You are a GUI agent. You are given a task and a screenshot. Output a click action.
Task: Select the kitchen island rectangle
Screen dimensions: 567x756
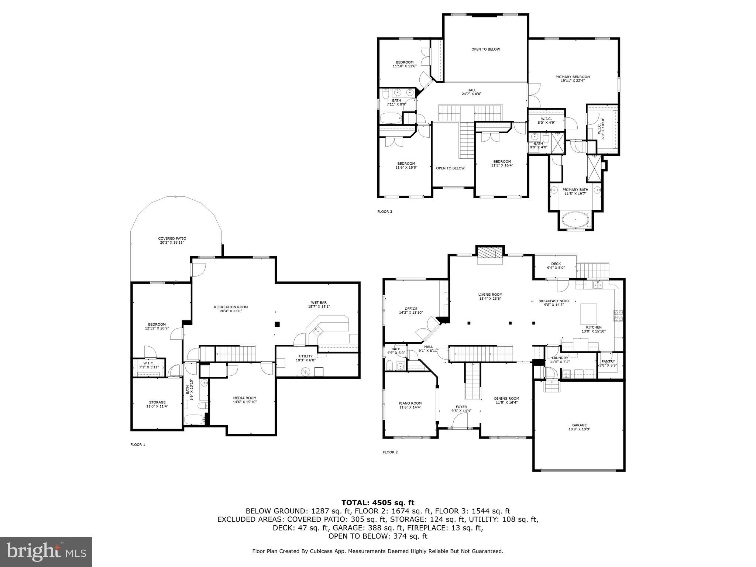(x=589, y=313)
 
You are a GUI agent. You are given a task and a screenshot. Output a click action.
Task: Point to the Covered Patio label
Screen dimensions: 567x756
(x=172, y=240)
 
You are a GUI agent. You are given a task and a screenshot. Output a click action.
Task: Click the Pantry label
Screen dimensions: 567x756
(x=608, y=363)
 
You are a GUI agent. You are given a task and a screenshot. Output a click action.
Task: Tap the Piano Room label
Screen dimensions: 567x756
(x=410, y=405)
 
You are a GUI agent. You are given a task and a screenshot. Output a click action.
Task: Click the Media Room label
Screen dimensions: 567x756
(x=245, y=400)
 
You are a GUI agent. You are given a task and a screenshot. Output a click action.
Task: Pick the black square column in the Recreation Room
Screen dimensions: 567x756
(x=277, y=324)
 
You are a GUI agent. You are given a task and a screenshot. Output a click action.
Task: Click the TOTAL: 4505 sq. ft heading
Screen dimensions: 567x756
(x=378, y=502)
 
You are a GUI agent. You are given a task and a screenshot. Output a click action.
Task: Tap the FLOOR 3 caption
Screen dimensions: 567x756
(x=385, y=212)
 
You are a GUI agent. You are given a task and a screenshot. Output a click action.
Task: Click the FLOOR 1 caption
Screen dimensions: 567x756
(x=138, y=444)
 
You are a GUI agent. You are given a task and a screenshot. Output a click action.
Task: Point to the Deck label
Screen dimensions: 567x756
(x=556, y=265)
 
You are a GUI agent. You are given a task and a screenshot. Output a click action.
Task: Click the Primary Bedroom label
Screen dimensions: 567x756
(x=573, y=78)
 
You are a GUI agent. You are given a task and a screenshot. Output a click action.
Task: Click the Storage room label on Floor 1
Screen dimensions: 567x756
(x=157, y=404)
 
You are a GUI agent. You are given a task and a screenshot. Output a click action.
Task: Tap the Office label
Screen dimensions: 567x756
(x=411, y=310)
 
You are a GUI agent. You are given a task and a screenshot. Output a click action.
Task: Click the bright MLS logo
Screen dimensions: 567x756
(x=46, y=551)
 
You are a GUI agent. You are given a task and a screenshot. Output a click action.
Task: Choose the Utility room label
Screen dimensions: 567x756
(x=306, y=358)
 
